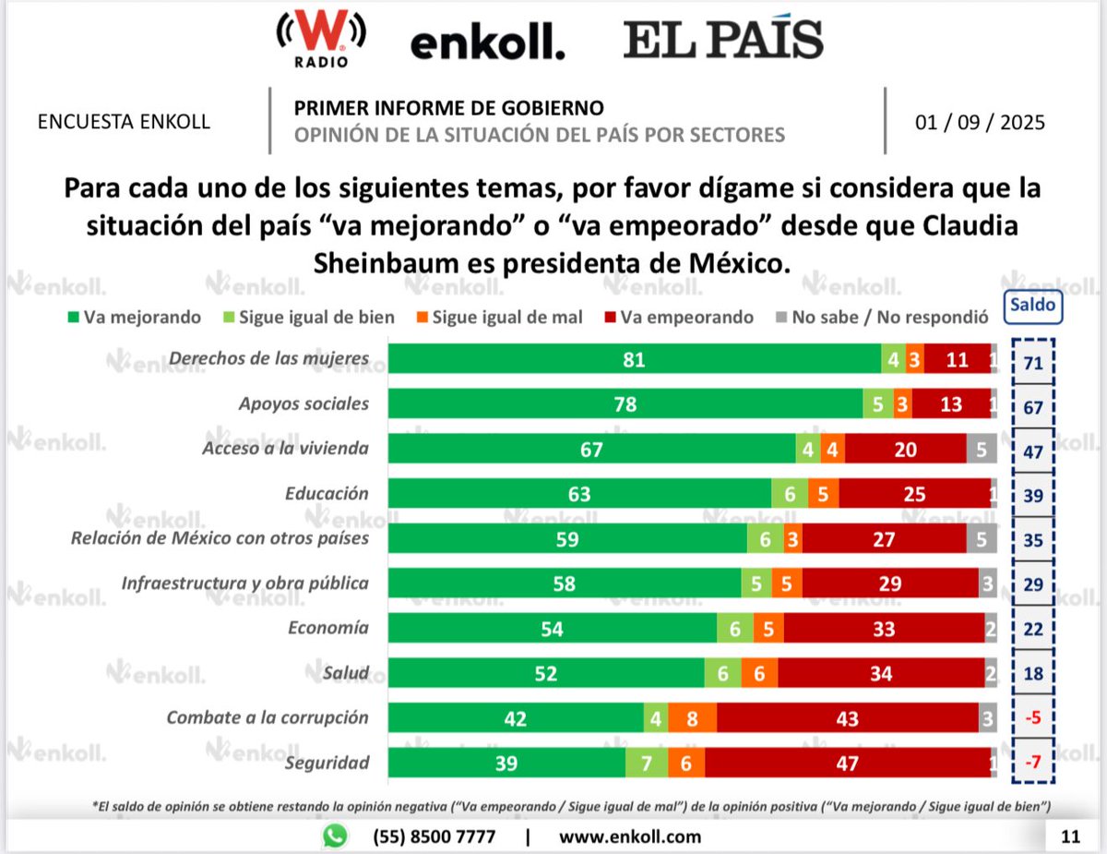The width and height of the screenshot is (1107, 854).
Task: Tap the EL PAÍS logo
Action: (723, 41)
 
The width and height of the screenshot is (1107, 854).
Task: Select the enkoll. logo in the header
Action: (487, 43)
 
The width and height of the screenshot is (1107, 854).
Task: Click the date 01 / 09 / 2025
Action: (980, 122)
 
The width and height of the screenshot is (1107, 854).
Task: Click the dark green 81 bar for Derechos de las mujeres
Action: (634, 360)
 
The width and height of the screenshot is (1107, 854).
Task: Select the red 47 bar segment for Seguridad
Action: (848, 763)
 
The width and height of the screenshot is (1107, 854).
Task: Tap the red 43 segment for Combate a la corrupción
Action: (847, 718)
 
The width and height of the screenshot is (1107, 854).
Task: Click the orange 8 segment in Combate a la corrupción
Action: (692, 718)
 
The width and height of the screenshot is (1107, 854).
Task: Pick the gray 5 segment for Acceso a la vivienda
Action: (982, 450)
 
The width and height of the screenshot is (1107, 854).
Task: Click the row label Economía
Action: (328, 628)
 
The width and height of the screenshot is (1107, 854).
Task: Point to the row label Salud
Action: (348, 673)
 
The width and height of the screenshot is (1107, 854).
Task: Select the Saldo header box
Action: (1033, 306)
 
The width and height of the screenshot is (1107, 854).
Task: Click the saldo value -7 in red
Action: (1033, 763)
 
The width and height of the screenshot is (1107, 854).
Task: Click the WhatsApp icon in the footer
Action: (336, 836)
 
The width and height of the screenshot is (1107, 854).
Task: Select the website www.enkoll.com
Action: (630, 837)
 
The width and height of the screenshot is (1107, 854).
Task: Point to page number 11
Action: (1070, 837)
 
